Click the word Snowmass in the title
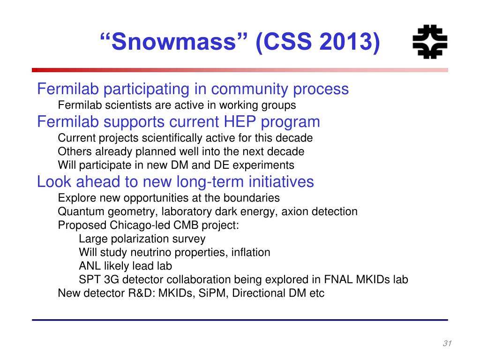[x=173, y=41]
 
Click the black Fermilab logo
[x=430, y=42]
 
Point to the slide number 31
[x=447, y=343]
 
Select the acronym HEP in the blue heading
[x=240, y=121]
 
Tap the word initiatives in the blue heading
[x=281, y=181]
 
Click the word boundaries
[x=251, y=198]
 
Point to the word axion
[x=294, y=211]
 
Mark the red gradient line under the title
[x=240, y=70]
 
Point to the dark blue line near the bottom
[x=240, y=320]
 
